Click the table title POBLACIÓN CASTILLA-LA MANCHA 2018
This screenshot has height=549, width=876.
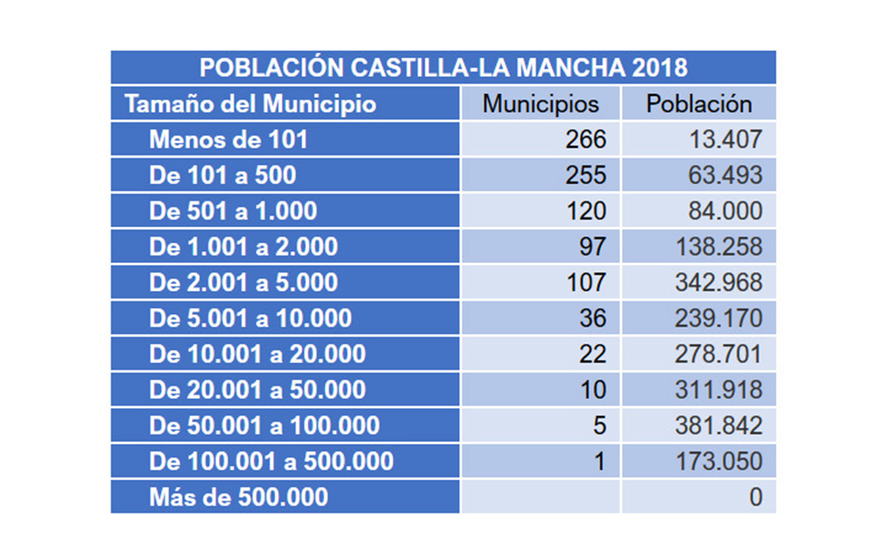tap(443, 68)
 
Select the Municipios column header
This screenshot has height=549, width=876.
tap(540, 104)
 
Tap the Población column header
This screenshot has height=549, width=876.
tap(699, 104)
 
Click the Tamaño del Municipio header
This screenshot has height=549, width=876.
tap(250, 104)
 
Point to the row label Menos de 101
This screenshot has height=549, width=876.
tap(228, 140)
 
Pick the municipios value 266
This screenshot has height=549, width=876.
tap(586, 140)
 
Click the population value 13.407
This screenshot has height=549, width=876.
tap(726, 140)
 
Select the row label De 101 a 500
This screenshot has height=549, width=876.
tap(223, 175)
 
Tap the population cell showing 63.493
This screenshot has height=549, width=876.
tap(726, 175)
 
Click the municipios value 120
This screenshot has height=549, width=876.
tap(586, 211)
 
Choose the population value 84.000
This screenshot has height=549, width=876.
tap(726, 211)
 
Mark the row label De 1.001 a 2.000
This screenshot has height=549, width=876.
tap(244, 247)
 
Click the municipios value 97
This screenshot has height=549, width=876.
tap(592, 247)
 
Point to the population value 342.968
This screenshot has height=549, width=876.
tap(719, 283)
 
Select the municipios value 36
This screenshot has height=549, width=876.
tap(592, 319)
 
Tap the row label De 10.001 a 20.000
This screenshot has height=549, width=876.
tap(258, 355)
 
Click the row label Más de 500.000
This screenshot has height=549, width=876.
tap(239, 498)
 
